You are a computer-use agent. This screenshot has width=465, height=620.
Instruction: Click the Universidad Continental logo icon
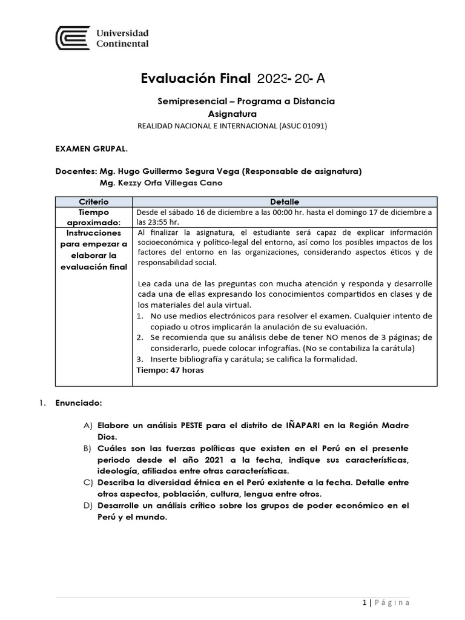click(73, 38)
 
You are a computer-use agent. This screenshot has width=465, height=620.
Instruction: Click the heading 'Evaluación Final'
click(195, 78)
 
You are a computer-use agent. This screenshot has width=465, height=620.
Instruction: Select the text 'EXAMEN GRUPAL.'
click(91, 148)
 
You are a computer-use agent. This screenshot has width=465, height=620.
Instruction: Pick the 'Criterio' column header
click(94, 202)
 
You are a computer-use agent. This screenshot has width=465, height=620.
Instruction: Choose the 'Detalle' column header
click(284, 202)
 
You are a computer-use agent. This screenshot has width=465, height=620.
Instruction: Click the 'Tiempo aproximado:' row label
click(94, 217)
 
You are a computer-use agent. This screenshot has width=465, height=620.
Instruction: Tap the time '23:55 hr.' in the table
click(157, 222)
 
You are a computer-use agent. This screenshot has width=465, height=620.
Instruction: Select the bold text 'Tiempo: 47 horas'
click(170, 371)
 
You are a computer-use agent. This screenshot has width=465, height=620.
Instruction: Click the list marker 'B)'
click(88, 449)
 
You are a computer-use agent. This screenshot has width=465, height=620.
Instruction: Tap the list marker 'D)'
click(88, 506)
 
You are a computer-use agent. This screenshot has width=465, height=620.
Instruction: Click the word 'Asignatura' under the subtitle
click(232, 114)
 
